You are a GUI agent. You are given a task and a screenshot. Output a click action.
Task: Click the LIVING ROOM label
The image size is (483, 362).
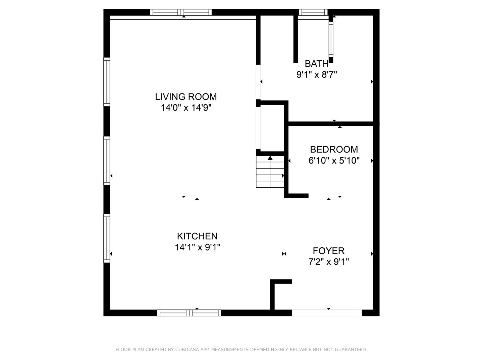coord(186,97)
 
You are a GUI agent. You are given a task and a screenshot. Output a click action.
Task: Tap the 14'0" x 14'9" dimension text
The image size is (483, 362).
coord(186,108)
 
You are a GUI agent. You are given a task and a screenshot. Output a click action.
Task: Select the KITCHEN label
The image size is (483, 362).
coord(197,236)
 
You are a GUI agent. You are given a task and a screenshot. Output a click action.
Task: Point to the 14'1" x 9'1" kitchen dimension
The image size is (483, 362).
coord(197,247)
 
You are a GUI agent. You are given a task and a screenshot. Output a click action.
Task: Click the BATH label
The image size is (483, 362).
coord(316,63)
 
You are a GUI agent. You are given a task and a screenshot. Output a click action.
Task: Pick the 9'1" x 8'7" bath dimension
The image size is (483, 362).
coord(316,74)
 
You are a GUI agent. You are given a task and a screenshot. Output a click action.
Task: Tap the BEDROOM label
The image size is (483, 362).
coord(334,149)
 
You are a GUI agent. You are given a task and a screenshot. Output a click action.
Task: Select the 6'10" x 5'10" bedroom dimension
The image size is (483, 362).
coord(334,161)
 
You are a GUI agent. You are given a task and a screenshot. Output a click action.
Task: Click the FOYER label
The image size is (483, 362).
coord(328,251)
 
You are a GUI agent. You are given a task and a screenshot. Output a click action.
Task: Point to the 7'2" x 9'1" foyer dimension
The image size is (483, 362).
coord(328,262)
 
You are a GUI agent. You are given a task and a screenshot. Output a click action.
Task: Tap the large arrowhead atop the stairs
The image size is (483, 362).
coord(270,158)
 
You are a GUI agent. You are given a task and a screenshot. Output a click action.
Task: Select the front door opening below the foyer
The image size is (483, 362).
coord(327,313)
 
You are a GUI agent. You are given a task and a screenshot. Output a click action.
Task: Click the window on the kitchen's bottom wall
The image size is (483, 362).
coord(189,313)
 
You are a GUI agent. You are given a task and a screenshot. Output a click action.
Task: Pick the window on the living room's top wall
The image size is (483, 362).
coord(180,12)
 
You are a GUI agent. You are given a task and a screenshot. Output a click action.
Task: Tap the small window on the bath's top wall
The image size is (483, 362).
coord(313,12)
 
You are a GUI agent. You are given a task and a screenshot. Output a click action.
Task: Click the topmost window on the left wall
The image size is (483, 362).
coord(107,82)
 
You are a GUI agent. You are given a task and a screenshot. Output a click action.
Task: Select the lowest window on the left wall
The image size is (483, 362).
coord(107,238)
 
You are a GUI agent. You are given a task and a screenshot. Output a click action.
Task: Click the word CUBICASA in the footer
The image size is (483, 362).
coord(187,350)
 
